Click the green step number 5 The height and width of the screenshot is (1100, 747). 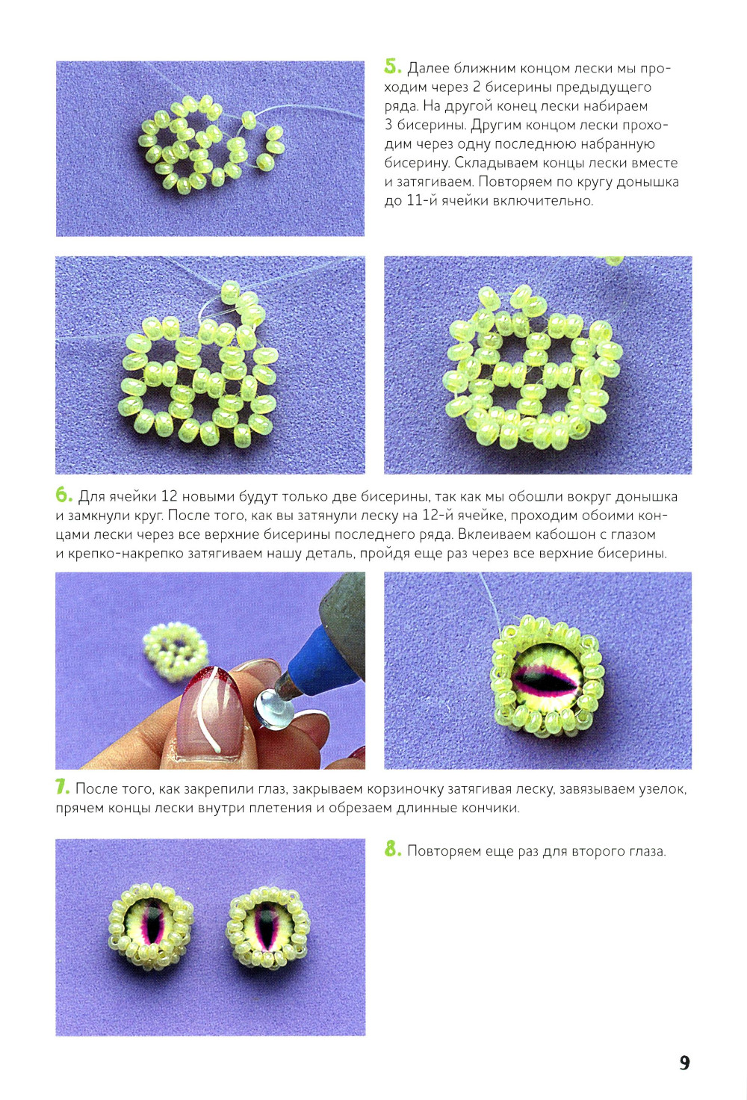pos(393,67)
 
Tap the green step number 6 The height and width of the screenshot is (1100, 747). pos(64,495)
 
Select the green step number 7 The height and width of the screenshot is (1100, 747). pos(63,787)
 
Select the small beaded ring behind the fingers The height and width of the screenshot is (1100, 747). pos(175,651)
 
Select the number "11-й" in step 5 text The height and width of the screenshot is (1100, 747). pos(424,200)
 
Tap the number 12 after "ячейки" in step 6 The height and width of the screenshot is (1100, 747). pos(168,496)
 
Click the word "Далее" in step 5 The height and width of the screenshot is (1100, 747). pos(428,68)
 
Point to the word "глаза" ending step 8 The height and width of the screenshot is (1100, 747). pos(648,851)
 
